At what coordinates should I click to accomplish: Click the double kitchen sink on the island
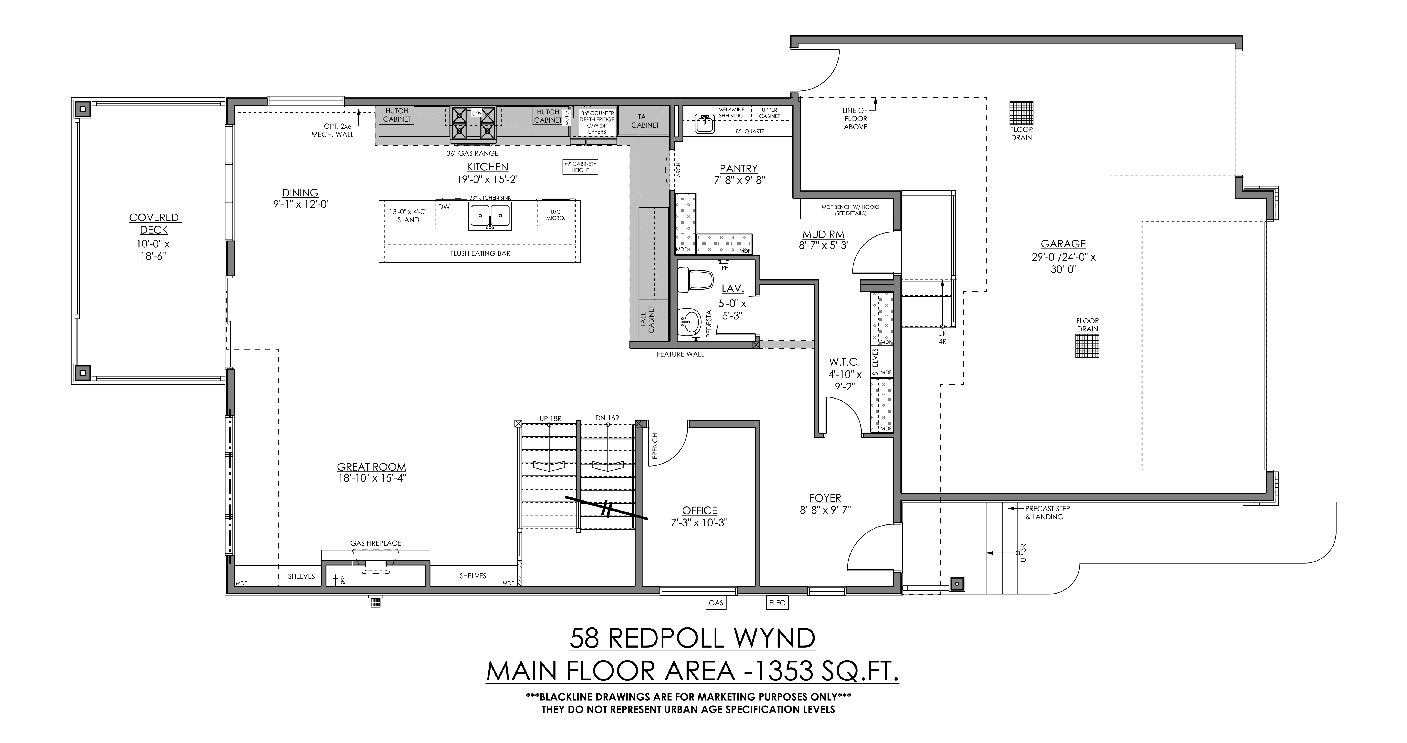pyautogui.click(x=490, y=215)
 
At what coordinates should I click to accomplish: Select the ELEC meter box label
pyautogui.click(x=777, y=603)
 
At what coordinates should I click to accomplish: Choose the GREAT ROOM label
pyautogui.click(x=371, y=467)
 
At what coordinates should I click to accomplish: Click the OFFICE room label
pyautogui.click(x=700, y=510)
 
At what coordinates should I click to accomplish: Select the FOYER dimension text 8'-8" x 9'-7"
pyautogui.click(x=825, y=510)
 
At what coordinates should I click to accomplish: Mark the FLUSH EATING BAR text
pyautogui.click(x=480, y=253)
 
